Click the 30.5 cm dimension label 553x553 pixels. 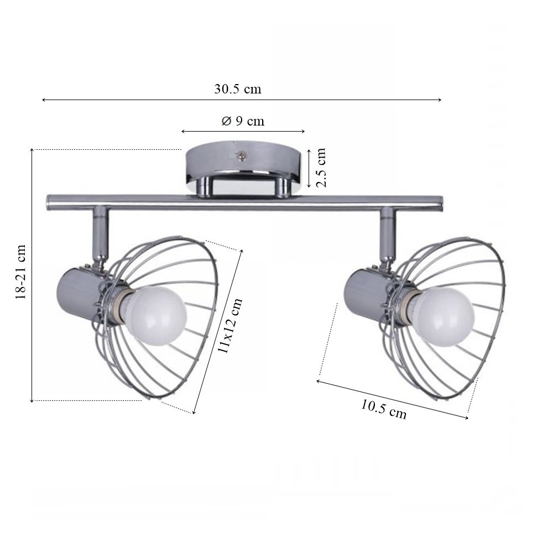(238, 89)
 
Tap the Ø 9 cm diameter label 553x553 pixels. (243, 121)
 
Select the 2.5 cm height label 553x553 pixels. (321, 168)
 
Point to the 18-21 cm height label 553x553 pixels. (20, 272)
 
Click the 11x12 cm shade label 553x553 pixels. (230, 326)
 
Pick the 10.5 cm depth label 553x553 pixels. (383, 409)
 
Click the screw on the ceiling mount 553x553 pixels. (241, 155)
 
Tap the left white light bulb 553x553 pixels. (156, 315)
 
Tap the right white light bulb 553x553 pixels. (445, 316)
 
